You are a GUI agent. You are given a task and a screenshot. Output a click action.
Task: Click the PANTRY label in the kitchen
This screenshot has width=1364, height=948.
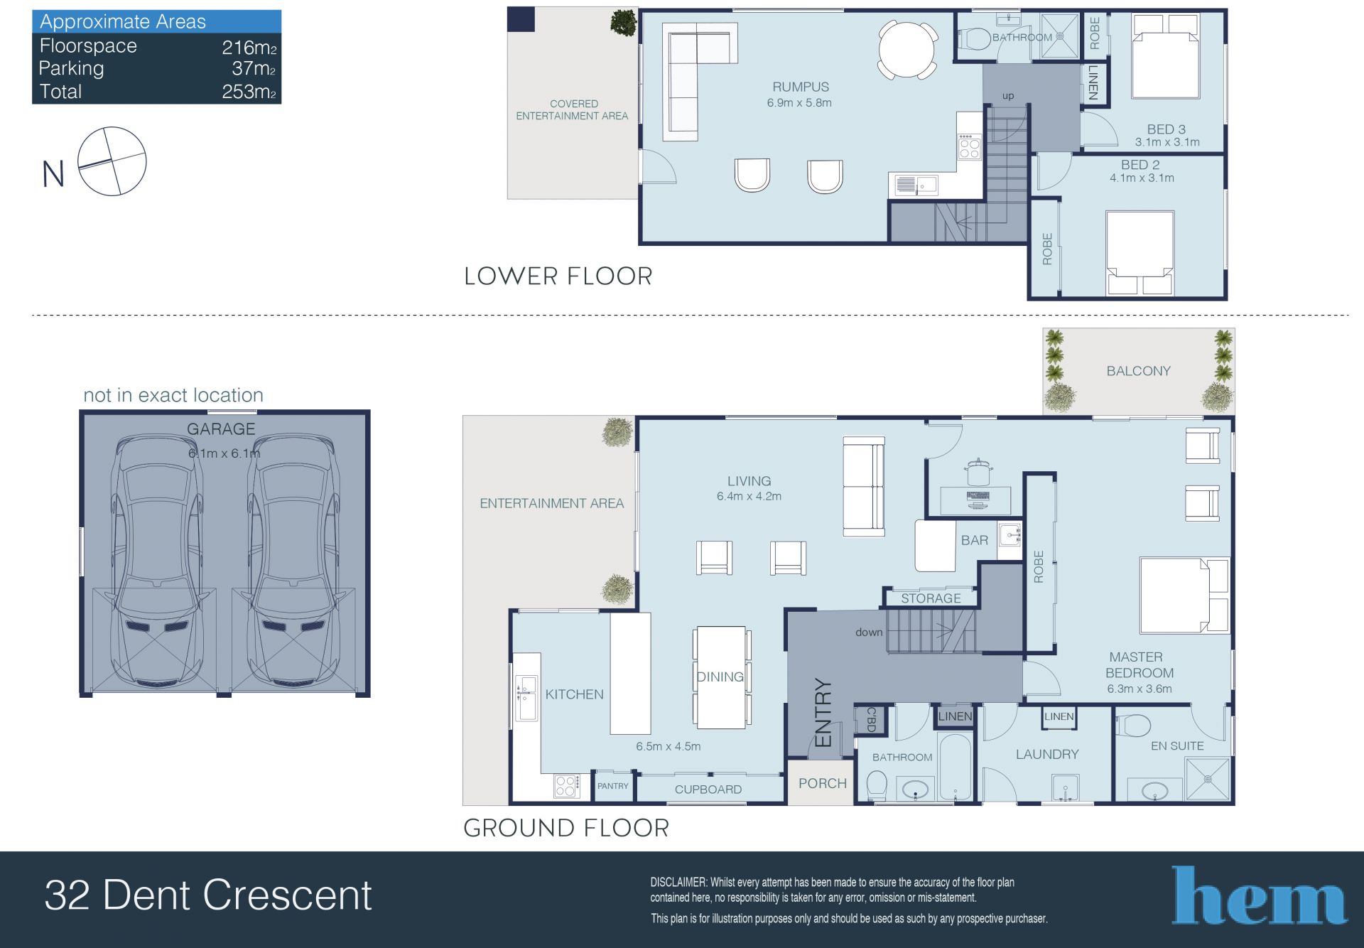pos(613,786)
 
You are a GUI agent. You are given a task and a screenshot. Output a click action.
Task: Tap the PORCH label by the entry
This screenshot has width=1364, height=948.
pos(822,783)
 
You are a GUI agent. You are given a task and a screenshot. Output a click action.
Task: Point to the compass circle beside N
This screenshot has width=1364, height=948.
pos(112,161)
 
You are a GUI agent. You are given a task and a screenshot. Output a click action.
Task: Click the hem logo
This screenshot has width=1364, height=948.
pos(1259,895)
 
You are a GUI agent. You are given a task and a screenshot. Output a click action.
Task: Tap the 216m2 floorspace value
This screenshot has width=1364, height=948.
pos(249,48)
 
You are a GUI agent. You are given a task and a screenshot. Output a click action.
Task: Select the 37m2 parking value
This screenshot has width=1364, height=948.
pos(254,69)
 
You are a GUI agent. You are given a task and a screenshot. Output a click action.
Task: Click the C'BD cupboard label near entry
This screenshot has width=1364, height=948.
pos(870,719)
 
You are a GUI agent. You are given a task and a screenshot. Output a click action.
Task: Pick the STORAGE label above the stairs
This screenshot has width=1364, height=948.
pos(931,598)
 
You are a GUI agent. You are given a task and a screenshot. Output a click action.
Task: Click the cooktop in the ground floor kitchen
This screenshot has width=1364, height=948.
pos(567,786)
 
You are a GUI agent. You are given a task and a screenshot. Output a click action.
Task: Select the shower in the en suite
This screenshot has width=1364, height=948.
pos(1207,780)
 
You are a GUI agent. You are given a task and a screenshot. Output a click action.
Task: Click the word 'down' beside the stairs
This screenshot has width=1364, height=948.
pos(869,632)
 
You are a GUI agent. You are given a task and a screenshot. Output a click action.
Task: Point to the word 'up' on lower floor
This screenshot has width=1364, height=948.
pos(1008,96)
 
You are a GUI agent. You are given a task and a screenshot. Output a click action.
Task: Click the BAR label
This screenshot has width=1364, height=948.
pos(975,540)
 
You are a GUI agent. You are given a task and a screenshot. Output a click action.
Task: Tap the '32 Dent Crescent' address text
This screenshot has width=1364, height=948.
pos(208,895)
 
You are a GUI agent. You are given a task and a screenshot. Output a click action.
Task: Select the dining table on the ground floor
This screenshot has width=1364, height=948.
pos(720,677)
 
